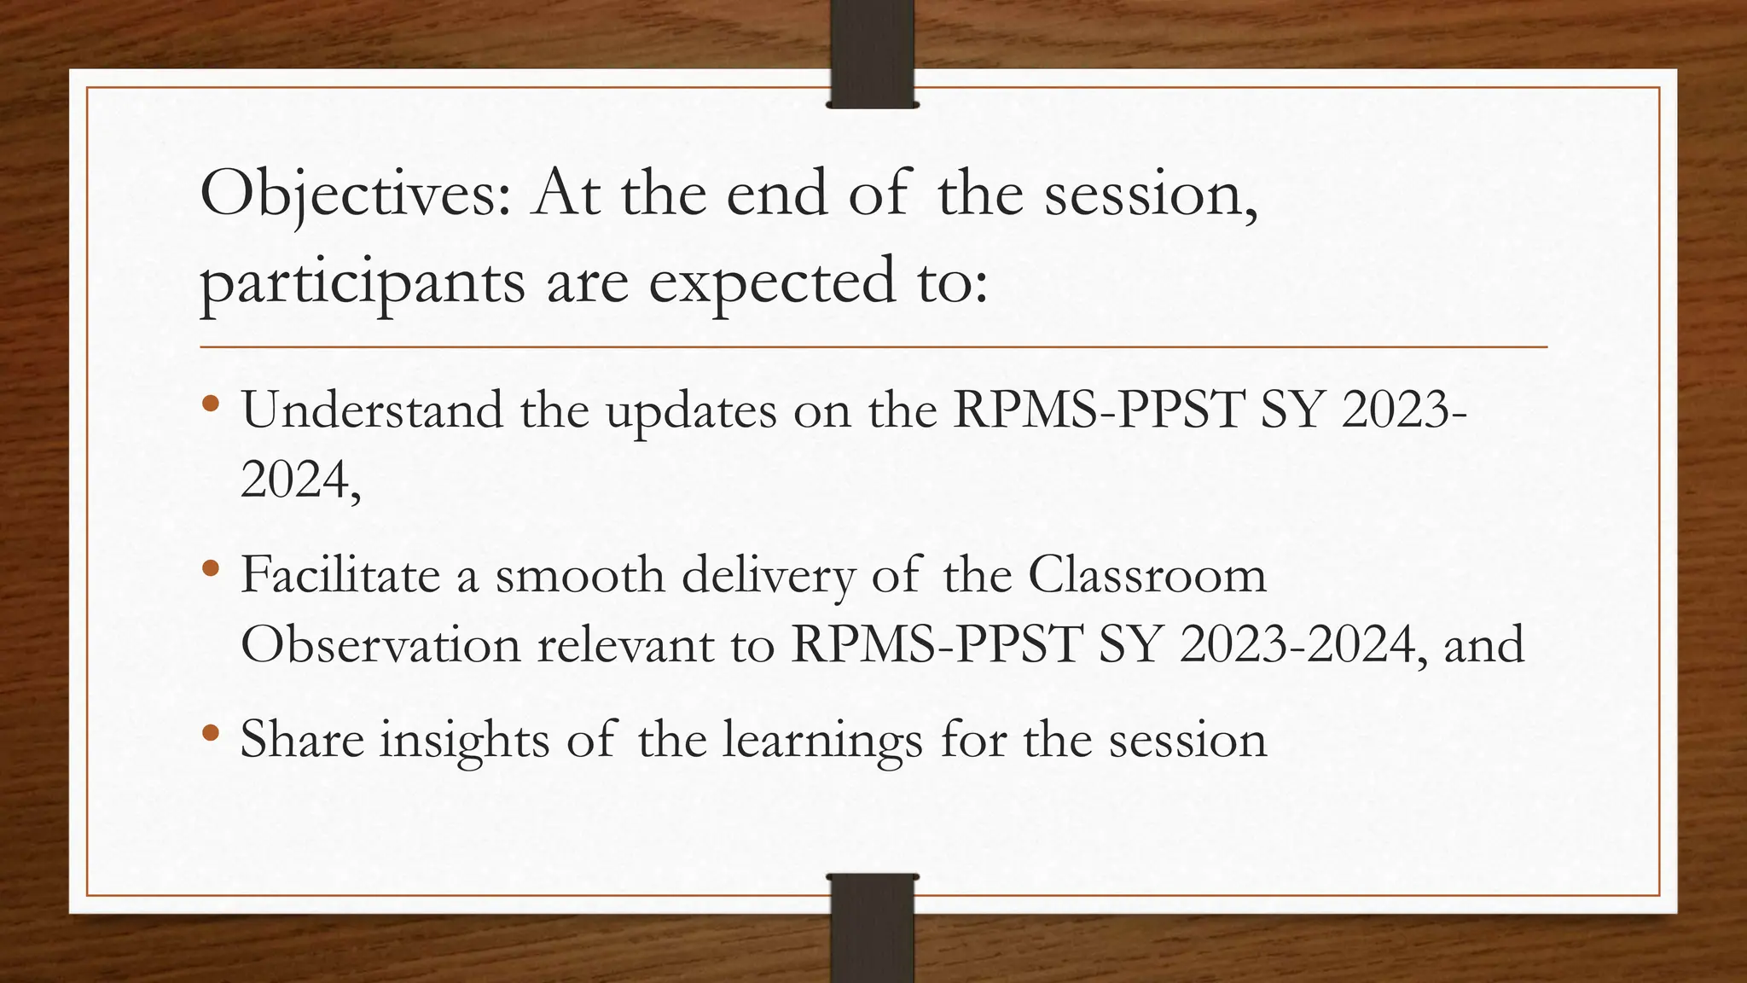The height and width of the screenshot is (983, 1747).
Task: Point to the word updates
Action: pos(691,412)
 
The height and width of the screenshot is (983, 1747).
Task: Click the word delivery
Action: pos(767,576)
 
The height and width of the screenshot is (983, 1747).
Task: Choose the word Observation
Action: pos(380,644)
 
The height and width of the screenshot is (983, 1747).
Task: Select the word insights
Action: pos(465,741)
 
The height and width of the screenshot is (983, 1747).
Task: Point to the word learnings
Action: pos(822,741)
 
